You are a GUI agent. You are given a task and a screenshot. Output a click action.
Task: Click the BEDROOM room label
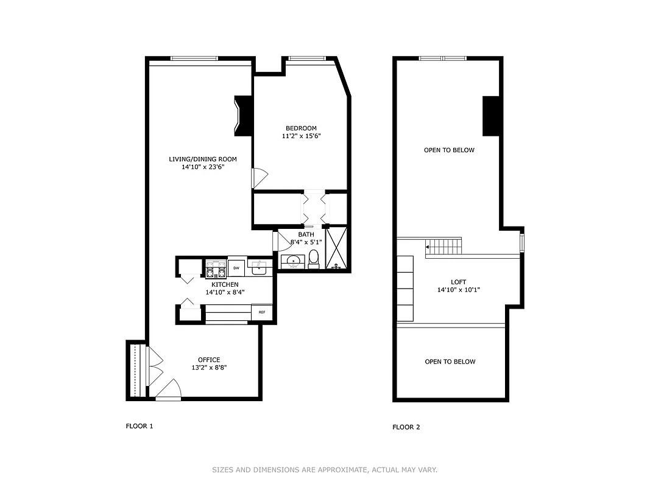(x=300, y=128)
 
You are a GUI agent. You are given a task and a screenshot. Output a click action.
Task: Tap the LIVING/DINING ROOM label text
(x=203, y=159)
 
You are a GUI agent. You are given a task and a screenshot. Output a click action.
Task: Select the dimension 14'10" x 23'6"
(x=203, y=167)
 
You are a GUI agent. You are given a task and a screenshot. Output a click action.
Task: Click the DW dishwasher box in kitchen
(x=236, y=267)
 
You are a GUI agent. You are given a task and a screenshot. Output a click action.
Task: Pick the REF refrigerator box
(x=262, y=312)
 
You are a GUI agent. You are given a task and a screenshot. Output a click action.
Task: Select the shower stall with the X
(x=336, y=248)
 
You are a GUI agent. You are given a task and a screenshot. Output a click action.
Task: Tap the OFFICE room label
(x=209, y=360)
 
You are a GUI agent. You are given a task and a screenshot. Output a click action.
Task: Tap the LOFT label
(x=458, y=282)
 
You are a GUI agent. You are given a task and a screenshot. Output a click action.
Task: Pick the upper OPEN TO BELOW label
(x=449, y=150)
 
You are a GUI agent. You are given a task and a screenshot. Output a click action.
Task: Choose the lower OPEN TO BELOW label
(x=450, y=362)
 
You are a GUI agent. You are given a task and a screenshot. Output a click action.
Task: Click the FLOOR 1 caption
(x=139, y=426)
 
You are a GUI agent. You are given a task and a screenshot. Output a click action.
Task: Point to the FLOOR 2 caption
(x=406, y=427)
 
